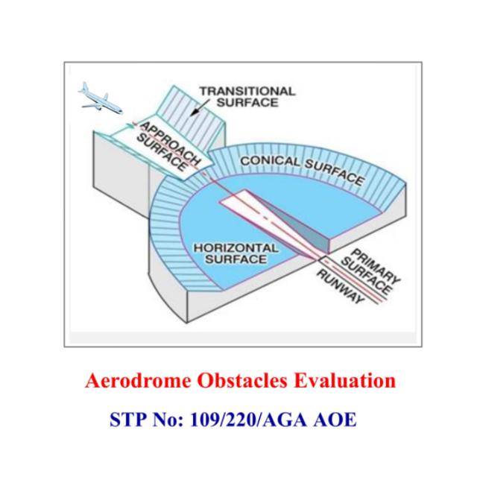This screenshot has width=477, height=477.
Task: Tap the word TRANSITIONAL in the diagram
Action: pos(247,91)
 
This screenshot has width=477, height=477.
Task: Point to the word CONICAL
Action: pos(270,161)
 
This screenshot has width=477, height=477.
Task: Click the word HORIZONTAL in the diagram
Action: pos(236,248)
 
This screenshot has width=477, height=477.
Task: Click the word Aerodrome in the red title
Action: pos(139,381)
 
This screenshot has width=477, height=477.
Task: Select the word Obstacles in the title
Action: pos(242,381)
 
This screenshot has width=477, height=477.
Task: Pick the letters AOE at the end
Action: pos(335,420)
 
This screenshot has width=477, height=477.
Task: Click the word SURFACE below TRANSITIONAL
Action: pos(247,103)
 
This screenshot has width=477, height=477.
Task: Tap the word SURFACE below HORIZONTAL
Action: pos(236,259)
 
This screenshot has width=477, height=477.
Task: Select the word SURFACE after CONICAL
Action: pos(335,172)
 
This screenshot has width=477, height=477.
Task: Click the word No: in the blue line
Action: pos(168,420)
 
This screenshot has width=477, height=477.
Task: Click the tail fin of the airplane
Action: pos(84,86)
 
